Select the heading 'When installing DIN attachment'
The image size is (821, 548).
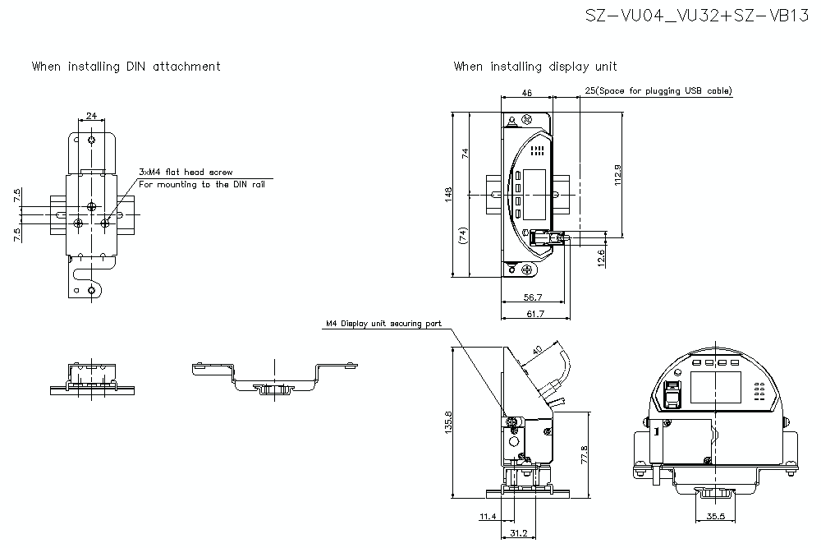pos(126,67)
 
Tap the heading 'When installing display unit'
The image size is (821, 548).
pos(535,67)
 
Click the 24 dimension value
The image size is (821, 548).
pos(91,116)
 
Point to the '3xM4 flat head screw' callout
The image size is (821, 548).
pos(186,173)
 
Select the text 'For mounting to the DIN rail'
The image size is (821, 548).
pos(202,185)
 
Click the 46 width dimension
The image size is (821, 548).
pos(527,94)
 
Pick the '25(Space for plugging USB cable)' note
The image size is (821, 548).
pos(658,91)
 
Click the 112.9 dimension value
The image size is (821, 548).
pos(617,176)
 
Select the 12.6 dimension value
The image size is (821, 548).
pos(601,259)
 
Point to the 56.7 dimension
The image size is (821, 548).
pos(532,297)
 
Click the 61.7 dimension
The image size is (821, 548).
pos(534,314)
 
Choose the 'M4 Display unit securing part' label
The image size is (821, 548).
pos(383,325)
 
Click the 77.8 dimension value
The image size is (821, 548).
pos(584,454)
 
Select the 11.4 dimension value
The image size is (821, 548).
pos(488,517)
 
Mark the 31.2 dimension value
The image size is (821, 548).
pos(521,532)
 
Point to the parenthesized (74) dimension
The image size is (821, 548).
pos(464,237)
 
